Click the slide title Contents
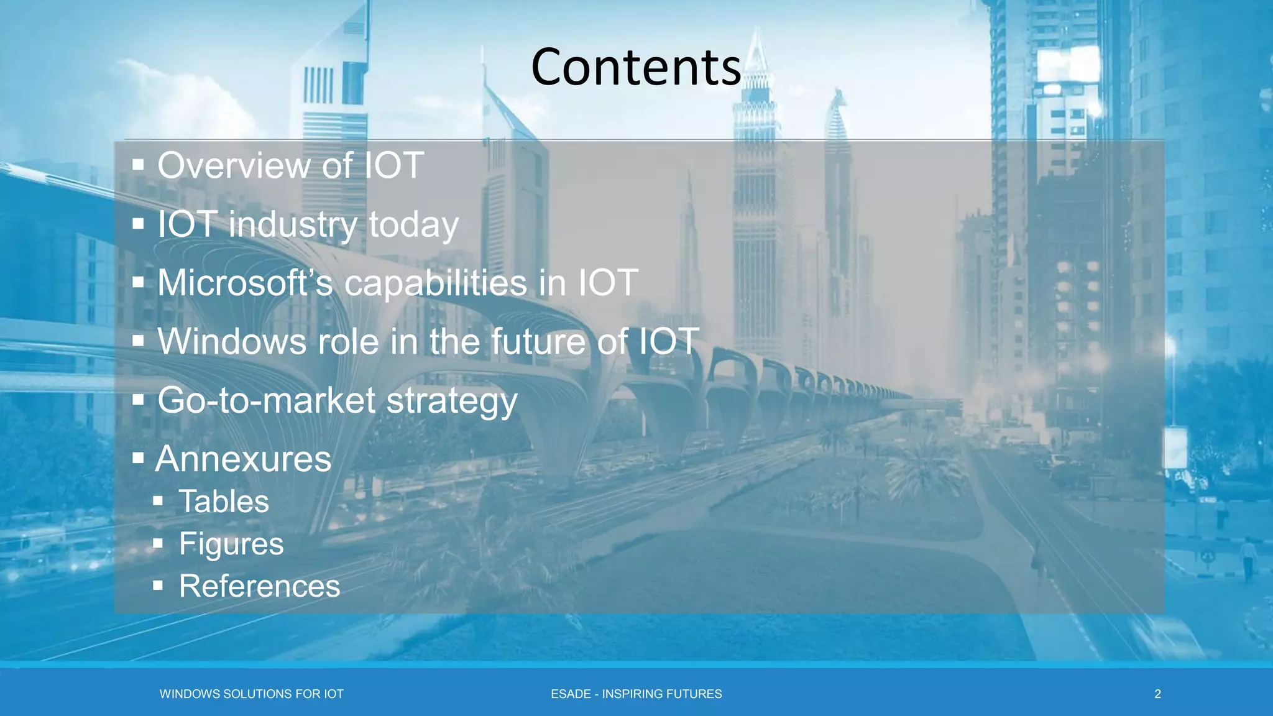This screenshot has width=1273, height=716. (636, 67)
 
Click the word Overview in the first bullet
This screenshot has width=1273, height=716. (234, 166)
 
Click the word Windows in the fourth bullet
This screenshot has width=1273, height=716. (233, 342)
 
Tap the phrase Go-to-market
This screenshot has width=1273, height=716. (266, 400)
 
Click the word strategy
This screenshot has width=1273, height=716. (452, 402)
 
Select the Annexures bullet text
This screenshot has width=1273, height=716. (244, 459)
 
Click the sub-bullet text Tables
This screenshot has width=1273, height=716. (224, 502)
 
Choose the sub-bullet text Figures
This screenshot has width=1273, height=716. (231, 544)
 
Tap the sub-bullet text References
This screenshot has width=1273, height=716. (259, 586)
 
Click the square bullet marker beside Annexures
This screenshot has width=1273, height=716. (138, 459)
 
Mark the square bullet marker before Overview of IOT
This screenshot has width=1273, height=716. (138, 165)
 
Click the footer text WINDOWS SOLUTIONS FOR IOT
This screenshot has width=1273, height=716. (251, 694)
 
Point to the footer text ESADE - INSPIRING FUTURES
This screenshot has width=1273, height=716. (636, 694)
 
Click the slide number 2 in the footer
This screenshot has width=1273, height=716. (1157, 694)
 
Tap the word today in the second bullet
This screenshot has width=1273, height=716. (413, 225)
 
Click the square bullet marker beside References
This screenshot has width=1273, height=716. (158, 585)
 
